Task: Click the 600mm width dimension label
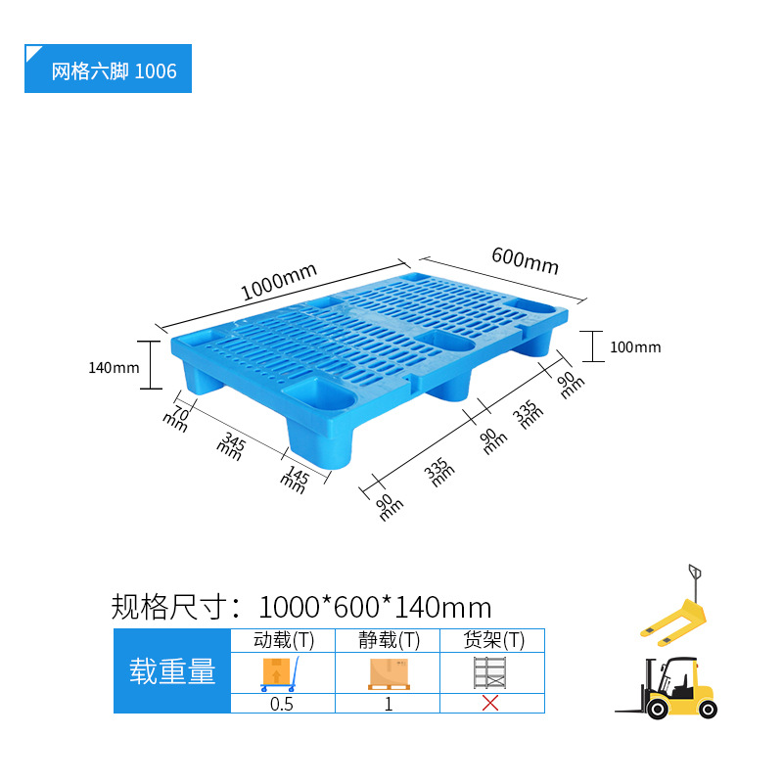[x=525, y=260]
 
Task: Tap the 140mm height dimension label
[x=114, y=368]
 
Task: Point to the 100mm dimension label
[x=634, y=347]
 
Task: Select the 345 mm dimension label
[x=232, y=446]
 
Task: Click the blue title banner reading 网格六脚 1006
[x=108, y=70]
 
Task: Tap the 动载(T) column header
[x=283, y=641]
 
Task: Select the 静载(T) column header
[x=388, y=641]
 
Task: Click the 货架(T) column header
[x=492, y=641]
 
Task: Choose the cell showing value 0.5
[x=282, y=703]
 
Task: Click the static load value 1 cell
[x=388, y=703]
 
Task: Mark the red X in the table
[x=491, y=703]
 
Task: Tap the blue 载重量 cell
[x=172, y=671]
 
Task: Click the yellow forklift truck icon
[x=669, y=689]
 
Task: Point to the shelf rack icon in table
[x=491, y=672]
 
